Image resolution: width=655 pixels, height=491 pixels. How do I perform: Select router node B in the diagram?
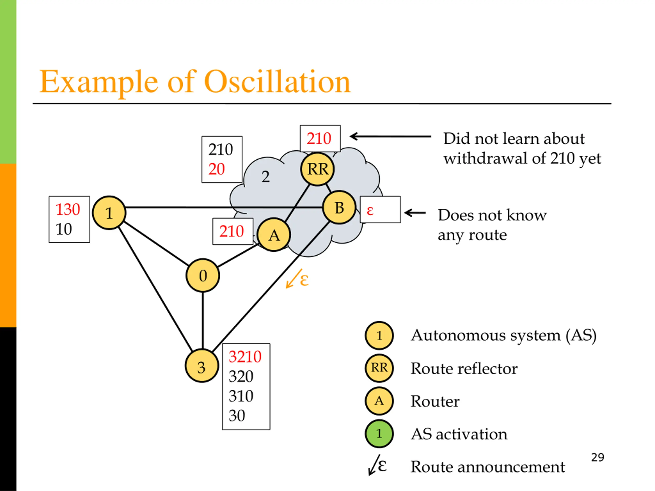[x=339, y=207]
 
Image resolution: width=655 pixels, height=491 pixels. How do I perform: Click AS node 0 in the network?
[x=203, y=275]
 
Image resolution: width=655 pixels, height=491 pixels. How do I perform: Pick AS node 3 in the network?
[x=202, y=366]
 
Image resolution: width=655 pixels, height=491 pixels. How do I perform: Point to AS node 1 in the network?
[x=109, y=213]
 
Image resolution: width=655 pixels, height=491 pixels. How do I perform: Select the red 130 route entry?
[x=68, y=209]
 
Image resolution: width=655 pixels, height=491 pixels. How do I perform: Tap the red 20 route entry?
[x=216, y=169]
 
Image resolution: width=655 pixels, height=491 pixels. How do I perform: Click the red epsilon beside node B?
[x=370, y=210]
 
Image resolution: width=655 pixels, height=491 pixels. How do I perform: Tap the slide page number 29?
[x=597, y=457]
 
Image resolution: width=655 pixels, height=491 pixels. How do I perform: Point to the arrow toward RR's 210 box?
[x=390, y=137]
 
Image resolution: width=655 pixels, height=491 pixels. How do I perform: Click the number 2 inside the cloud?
[x=266, y=177]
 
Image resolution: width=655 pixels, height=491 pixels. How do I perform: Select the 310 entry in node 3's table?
[x=241, y=396]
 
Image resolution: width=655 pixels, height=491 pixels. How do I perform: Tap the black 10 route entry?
[x=64, y=229]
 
